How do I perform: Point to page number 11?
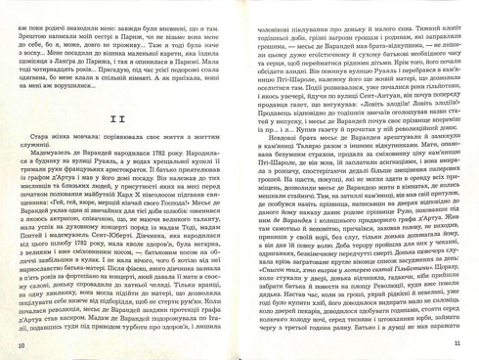click(x=456, y=345)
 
